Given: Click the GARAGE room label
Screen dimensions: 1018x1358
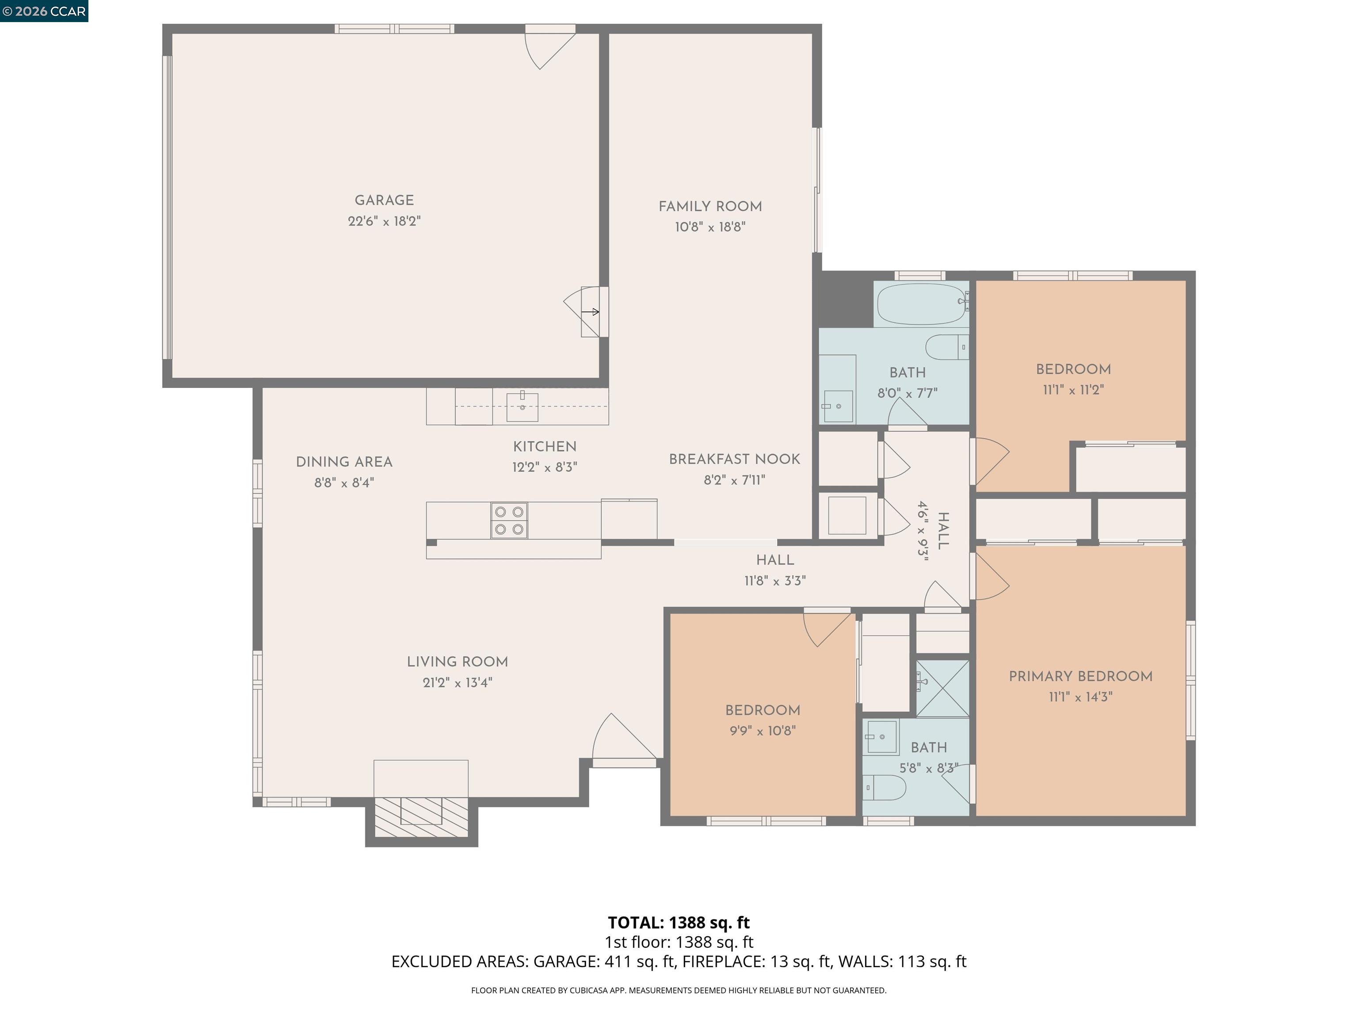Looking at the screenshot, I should point(384,201).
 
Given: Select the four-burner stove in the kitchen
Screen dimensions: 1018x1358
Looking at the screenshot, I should point(509,520).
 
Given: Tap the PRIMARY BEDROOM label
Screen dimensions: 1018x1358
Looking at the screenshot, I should point(1080,676).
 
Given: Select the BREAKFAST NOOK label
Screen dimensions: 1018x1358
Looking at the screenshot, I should point(734,459).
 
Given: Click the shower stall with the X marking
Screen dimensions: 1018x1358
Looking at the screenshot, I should point(942,688).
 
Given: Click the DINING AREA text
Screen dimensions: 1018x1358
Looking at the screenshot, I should point(344,462).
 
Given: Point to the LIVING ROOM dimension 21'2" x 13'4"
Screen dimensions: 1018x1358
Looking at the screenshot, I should point(458,682).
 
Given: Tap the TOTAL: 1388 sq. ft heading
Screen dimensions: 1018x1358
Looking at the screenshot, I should point(679,922).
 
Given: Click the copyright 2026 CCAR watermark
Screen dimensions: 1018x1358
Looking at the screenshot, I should point(44,11).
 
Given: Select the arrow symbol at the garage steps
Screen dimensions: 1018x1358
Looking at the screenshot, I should point(590,312).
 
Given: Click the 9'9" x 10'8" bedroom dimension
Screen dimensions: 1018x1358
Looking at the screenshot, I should point(763,731).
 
